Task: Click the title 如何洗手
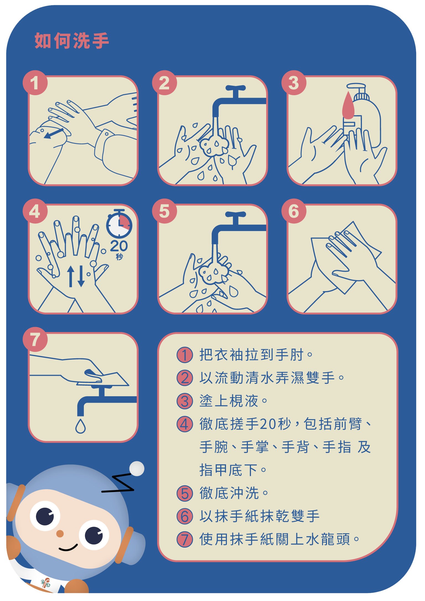click(x=72, y=41)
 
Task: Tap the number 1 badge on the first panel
click(x=35, y=83)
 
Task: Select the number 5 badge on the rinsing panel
click(x=164, y=211)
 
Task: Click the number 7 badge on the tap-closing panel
click(x=35, y=340)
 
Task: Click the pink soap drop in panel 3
click(x=348, y=105)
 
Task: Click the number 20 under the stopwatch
click(x=119, y=246)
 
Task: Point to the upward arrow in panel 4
click(x=71, y=276)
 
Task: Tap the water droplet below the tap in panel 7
click(x=81, y=426)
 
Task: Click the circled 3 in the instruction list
click(x=185, y=401)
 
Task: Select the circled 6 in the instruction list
click(x=185, y=516)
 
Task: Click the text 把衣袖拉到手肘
click(x=252, y=355)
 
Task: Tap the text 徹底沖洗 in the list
click(x=229, y=493)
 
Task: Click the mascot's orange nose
click(x=60, y=533)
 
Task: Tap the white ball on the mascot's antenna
click(x=137, y=469)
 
